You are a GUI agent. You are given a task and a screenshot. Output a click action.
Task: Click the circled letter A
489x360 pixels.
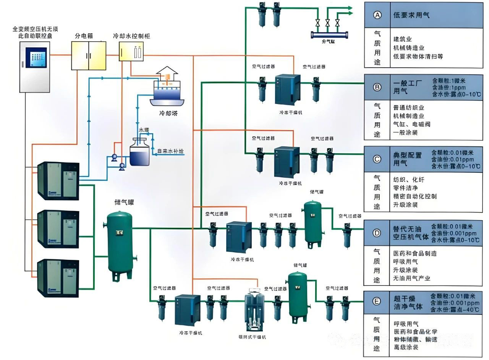pos(377,15)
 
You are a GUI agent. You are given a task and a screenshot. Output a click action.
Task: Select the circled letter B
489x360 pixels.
pos(377,88)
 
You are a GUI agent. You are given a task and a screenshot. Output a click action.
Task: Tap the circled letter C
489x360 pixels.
pos(377,159)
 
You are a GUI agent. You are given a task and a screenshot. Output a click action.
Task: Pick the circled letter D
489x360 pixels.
pos(377,232)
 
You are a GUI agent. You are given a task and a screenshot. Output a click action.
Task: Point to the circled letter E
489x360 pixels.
pos(377,302)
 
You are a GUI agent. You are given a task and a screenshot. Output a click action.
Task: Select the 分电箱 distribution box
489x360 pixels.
pos(89,56)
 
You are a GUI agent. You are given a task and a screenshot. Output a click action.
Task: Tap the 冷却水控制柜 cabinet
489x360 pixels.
pos(131,52)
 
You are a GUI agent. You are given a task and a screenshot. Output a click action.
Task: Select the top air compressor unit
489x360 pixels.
pos(58,181)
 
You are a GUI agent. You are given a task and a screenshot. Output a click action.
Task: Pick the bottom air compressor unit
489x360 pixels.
pos(58,278)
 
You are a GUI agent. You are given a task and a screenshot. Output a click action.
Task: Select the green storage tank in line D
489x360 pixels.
pos(313,222)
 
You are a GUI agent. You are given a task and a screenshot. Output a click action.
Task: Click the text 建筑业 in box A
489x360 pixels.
pos(402,39)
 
